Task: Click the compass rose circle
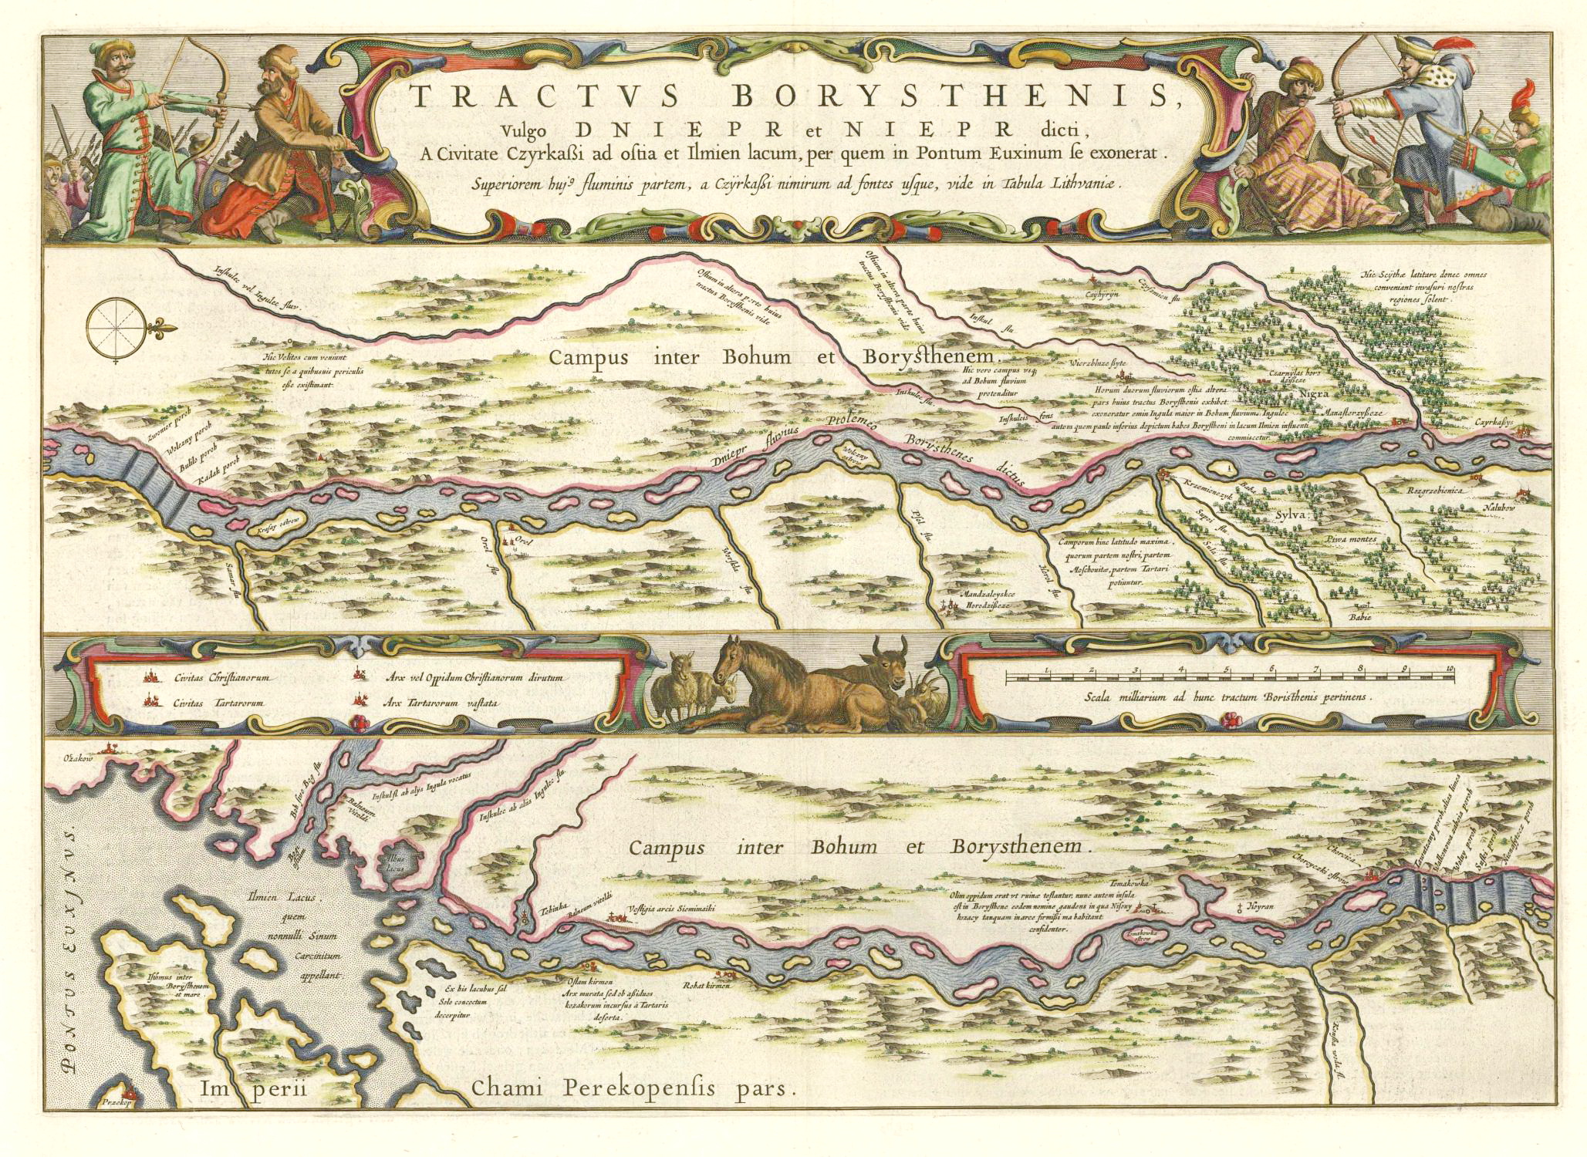[x=115, y=326]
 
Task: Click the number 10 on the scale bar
[x=1450, y=668]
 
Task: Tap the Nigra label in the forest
[x=1314, y=393]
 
